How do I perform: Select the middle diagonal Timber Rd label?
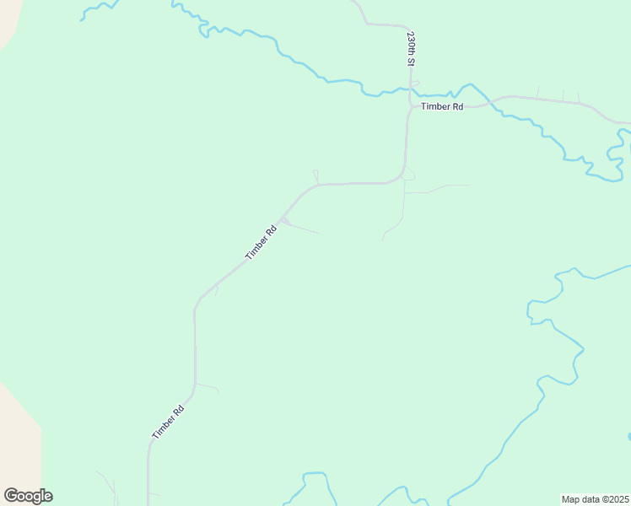point(261,242)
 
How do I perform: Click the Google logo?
point(28,496)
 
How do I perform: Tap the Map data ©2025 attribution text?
point(595,498)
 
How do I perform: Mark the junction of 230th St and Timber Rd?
point(410,105)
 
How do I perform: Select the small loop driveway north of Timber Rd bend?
point(315,175)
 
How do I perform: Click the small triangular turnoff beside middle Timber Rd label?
point(285,222)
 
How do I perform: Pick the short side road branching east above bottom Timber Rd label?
point(208,388)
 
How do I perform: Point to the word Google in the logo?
point(28,496)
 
